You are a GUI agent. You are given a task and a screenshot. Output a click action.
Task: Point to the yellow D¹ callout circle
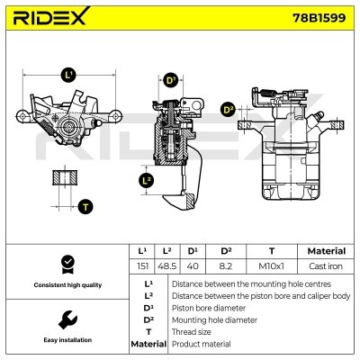pyautogui.click(x=172, y=80)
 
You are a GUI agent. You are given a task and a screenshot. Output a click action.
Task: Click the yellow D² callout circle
pyautogui.click(x=228, y=110)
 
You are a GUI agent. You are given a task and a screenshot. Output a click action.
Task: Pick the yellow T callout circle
pyautogui.click(x=85, y=207)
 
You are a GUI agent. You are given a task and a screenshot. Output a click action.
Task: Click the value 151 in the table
pyautogui.click(x=141, y=266)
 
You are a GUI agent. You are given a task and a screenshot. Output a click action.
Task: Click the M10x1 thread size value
pyautogui.click(x=272, y=266)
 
